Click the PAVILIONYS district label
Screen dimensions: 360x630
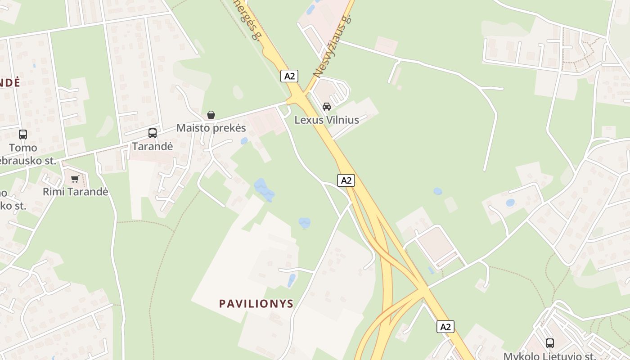pos(256,304)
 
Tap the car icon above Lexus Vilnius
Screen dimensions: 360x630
pos(327,107)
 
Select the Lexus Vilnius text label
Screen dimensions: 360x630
pos(327,120)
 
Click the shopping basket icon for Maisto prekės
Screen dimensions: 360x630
pos(211,115)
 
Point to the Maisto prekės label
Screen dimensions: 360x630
pos(211,128)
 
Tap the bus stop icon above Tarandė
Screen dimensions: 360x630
pos(153,133)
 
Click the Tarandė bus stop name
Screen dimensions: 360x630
pos(153,146)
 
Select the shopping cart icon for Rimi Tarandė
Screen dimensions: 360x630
pos(75,179)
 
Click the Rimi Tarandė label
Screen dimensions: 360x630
pos(76,192)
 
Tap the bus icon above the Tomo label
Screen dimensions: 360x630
pos(23,135)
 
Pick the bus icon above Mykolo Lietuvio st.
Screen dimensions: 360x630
pos(549,343)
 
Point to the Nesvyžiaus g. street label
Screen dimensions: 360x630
pos(332,45)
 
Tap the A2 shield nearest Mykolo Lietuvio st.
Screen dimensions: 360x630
pos(445,327)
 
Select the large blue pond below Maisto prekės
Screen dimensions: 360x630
pos(264,190)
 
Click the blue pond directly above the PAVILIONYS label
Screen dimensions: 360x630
pos(305,222)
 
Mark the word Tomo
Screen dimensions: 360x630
pos(23,148)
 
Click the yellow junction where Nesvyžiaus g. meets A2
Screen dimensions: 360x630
pos(297,97)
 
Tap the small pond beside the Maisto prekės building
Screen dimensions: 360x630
pos(244,141)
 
